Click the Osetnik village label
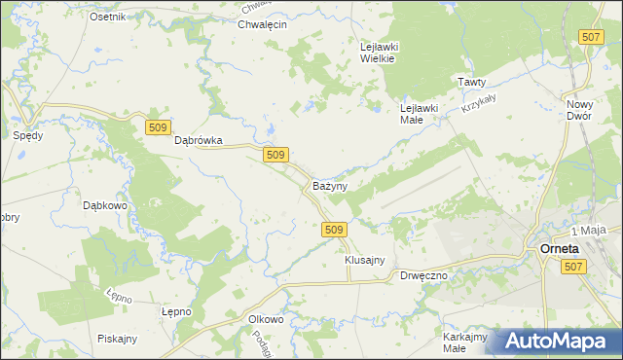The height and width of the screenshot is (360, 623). click(x=107, y=18)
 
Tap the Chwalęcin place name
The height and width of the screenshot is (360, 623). click(x=262, y=24)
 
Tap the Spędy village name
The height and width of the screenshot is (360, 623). click(x=27, y=136)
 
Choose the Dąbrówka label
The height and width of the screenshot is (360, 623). click(x=199, y=140)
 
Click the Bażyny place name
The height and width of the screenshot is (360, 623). click(x=331, y=185)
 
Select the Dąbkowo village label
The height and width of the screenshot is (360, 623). click(x=107, y=205)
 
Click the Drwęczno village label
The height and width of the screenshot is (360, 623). click(x=424, y=276)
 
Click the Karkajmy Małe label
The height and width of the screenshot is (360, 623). click(x=464, y=342)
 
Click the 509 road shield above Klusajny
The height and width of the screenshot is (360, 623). click(x=333, y=229)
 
